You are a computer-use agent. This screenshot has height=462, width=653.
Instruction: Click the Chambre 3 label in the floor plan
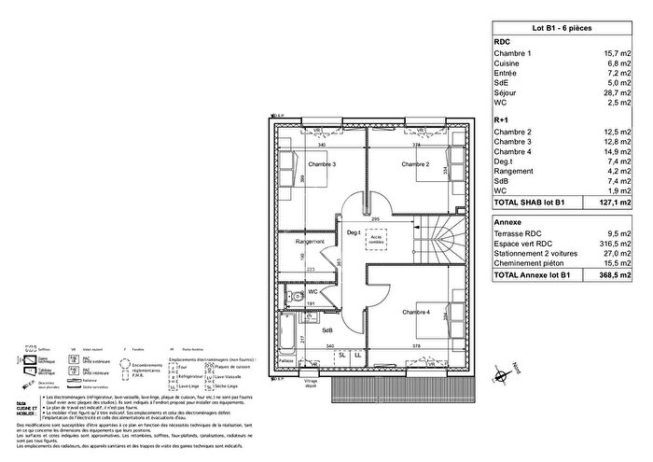323,164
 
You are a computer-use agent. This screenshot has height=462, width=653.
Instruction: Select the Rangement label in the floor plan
310,242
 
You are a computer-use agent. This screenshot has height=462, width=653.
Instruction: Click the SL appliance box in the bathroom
342,355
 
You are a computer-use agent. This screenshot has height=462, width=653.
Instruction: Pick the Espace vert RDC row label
524,243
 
